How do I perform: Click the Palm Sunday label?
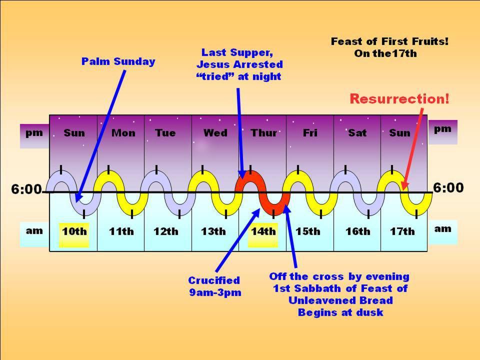pyautogui.click(x=118, y=61)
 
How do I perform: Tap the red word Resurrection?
pyautogui.click(x=399, y=98)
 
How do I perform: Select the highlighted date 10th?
pyautogui.click(x=74, y=231)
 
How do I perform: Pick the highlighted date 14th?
pyautogui.click(x=263, y=231)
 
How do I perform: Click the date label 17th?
pyautogui.click(x=402, y=231)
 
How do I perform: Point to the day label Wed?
pyautogui.click(x=215, y=133)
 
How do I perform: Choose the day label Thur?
pyautogui.click(x=263, y=133)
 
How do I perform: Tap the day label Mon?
pyautogui.click(x=123, y=133)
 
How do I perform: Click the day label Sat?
pyautogui.click(x=357, y=133)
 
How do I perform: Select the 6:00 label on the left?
pyautogui.click(x=26, y=189)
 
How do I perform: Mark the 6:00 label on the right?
pyautogui.click(x=448, y=188)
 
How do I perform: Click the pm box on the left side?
pyautogui.click(x=34, y=133)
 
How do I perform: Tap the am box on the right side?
pyautogui.click(x=442, y=229)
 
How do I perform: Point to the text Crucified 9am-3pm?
pyautogui.click(x=214, y=286)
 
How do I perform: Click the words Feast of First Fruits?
pyautogui.click(x=389, y=41)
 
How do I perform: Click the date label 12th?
pyautogui.click(x=165, y=231)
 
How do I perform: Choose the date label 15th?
pyautogui.click(x=307, y=231)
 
